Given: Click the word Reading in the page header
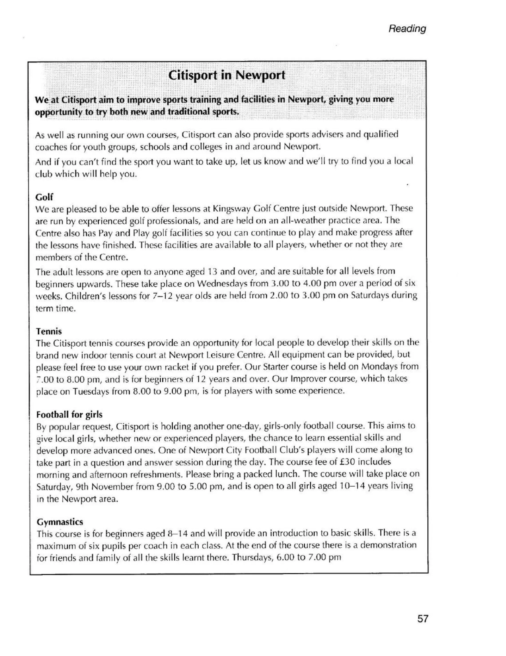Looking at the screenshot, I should tap(407, 29).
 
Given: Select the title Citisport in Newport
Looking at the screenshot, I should tap(227, 75).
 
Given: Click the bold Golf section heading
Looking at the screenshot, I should tap(44, 197).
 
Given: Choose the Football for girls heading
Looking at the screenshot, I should tap(69, 415).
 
